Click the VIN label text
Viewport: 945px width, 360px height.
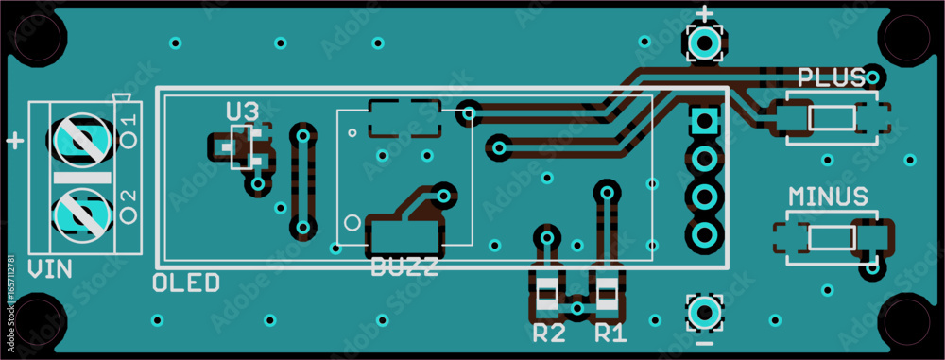click(x=49, y=269)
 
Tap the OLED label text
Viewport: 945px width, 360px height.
click(x=186, y=282)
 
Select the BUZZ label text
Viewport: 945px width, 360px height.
click(x=404, y=266)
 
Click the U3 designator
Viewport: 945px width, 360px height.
click(x=241, y=111)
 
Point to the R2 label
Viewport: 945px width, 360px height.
click(x=549, y=333)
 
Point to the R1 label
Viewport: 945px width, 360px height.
click(x=610, y=333)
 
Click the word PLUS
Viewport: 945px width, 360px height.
click(x=832, y=77)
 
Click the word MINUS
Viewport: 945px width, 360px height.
click(x=828, y=197)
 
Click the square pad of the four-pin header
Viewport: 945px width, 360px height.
click(x=703, y=122)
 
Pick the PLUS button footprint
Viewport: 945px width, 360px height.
click(x=832, y=118)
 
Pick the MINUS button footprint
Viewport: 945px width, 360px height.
click(x=832, y=237)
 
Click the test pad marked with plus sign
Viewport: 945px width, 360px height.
click(x=703, y=43)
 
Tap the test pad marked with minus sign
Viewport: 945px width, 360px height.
click(x=703, y=311)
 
